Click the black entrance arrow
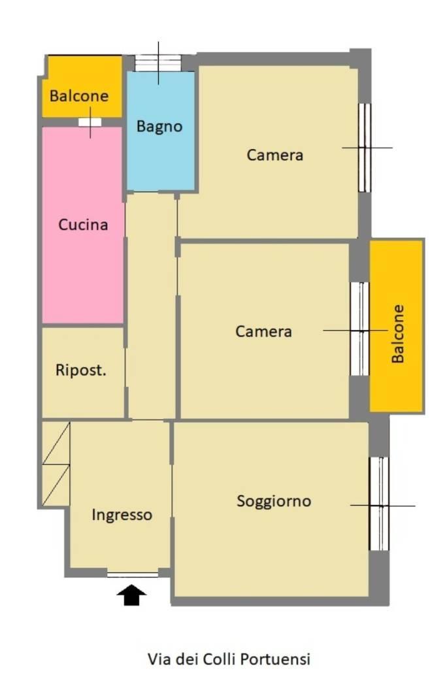click(x=132, y=595)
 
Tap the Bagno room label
click(x=159, y=127)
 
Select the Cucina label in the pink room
click(x=83, y=225)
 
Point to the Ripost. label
click(x=81, y=370)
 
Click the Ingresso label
click(x=122, y=515)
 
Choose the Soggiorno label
click(x=274, y=501)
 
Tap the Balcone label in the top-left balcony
click(x=79, y=96)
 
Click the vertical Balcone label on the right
click(x=397, y=334)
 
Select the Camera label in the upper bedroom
click(x=275, y=155)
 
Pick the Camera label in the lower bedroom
click(x=263, y=331)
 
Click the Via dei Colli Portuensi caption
click(x=229, y=659)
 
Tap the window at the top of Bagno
click(x=158, y=63)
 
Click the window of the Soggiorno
click(x=379, y=504)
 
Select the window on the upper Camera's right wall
click(x=365, y=148)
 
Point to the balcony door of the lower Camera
click(x=359, y=329)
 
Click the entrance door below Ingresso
click(x=133, y=574)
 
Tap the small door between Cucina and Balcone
click(x=90, y=122)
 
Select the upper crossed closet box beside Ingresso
click(x=56, y=443)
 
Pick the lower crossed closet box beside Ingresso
click(x=56, y=485)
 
